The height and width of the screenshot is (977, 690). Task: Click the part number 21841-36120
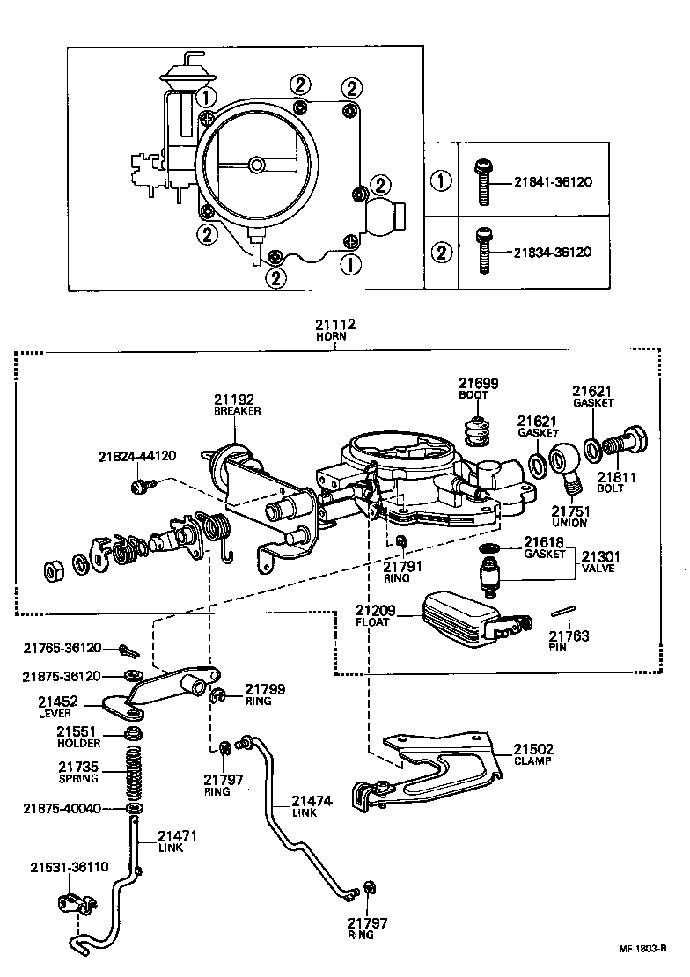(x=554, y=183)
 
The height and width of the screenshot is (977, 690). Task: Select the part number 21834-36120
(x=554, y=253)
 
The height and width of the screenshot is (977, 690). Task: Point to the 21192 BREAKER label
(x=237, y=403)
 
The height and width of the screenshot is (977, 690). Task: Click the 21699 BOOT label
(x=478, y=388)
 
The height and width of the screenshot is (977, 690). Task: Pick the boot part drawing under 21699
(x=476, y=432)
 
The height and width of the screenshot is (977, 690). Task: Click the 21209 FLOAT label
(x=376, y=615)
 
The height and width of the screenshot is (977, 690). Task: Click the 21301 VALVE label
(x=599, y=562)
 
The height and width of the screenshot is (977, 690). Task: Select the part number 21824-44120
(x=137, y=456)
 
